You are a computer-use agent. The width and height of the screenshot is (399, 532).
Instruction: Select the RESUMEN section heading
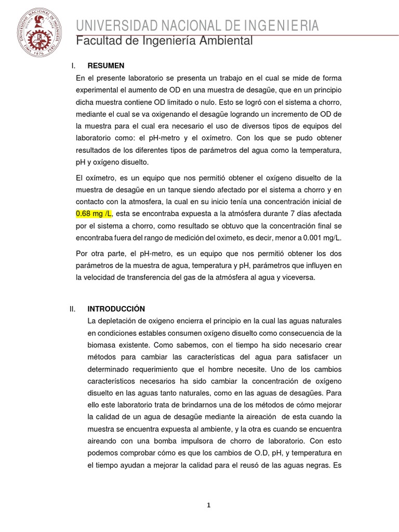(106, 65)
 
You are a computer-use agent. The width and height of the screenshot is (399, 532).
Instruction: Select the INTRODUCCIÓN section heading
(116, 309)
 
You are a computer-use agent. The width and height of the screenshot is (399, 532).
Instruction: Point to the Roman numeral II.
(73, 309)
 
